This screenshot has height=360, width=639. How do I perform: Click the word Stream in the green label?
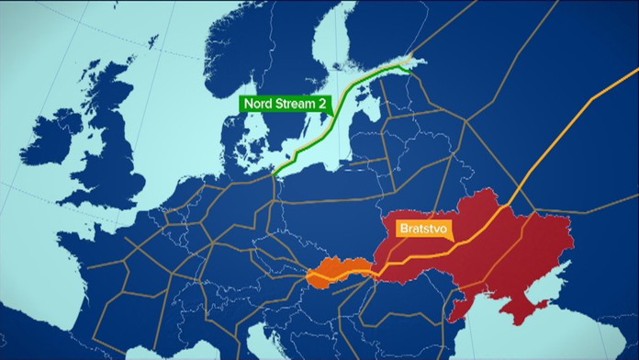click(296, 104)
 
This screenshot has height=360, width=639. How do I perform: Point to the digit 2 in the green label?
click(323, 104)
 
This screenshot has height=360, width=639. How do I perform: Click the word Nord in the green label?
click(261, 104)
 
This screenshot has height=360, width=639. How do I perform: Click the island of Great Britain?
click(115, 165)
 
